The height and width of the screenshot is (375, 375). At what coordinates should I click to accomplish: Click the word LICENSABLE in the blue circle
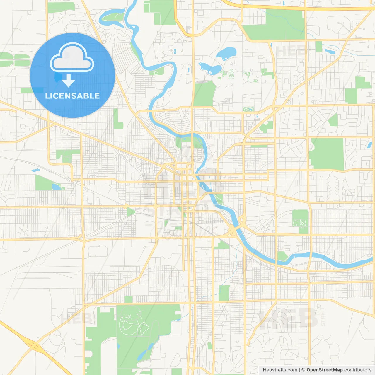tap(72, 96)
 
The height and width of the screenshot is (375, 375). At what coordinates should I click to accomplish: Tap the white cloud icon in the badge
tap(72, 58)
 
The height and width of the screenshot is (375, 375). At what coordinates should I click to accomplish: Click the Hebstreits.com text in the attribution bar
tap(280, 370)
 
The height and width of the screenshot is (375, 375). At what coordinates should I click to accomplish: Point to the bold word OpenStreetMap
tap(324, 370)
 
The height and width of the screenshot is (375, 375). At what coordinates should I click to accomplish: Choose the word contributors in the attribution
tap(358, 370)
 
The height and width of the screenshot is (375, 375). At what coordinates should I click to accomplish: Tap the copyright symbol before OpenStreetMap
tap(303, 370)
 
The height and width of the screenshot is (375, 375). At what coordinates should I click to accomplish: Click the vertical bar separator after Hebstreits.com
tap(299, 370)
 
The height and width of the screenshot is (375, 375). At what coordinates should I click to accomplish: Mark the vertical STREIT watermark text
tap(323, 317)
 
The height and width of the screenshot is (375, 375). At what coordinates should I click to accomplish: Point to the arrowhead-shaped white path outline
tap(300, 224)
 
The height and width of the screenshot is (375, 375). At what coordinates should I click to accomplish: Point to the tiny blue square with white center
tap(175, 51)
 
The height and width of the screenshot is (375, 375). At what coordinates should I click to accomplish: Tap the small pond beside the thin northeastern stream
tap(330, 51)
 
